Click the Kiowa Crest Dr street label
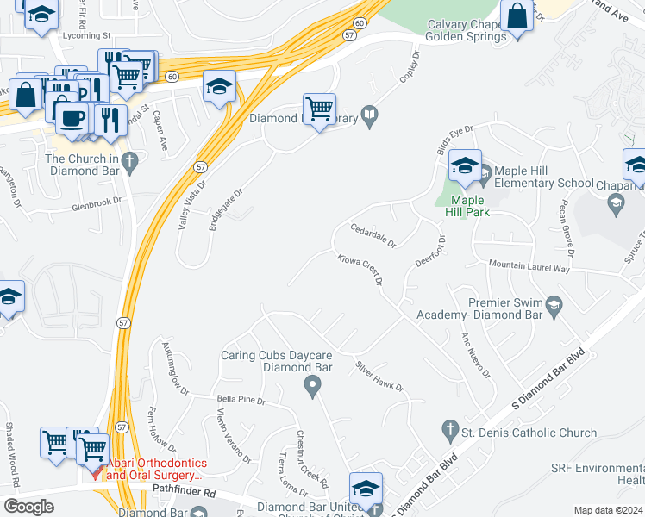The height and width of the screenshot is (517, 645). click(359, 270)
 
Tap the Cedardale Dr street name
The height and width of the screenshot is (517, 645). click(372, 235)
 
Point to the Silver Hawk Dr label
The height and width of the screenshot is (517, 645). click(379, 377)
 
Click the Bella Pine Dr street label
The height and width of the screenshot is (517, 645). click(241, 401)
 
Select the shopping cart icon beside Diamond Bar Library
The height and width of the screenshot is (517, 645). click(319, 109)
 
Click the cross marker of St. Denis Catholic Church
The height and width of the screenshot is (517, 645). click(448, 428)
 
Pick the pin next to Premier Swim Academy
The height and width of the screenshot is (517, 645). click(554, 304)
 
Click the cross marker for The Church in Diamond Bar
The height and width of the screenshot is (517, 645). click(129, 159)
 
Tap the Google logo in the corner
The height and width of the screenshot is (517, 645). click(28, 507)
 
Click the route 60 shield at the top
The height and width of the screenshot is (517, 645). click(360, 22)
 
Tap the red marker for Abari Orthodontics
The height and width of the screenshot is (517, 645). click(97, 473)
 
